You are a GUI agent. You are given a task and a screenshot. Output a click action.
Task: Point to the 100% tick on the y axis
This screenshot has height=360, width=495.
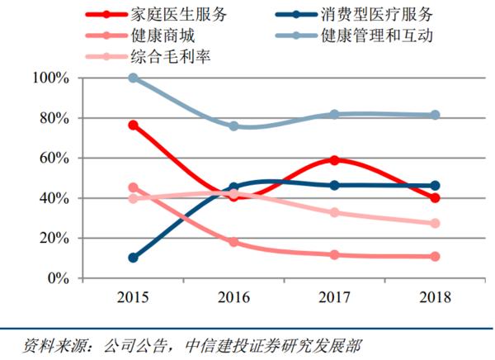tap(50, 78)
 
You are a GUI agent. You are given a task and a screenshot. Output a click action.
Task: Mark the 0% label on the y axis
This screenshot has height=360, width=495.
tap(57, 278)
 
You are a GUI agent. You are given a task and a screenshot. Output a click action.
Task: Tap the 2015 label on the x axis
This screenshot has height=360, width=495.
tap(132, 296)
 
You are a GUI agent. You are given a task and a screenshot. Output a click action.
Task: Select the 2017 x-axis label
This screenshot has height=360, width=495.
tap(334, 296)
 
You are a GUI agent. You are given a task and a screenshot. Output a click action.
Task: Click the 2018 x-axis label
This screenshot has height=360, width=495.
tap(435, 296)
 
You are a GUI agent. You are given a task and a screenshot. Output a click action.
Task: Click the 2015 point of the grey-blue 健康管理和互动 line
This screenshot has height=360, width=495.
tap(133, 78)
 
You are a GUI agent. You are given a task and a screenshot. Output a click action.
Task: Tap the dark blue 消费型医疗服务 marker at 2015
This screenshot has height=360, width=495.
tap(133, 258)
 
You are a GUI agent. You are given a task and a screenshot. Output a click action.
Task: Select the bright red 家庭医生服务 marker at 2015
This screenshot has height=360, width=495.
tap(133, 126)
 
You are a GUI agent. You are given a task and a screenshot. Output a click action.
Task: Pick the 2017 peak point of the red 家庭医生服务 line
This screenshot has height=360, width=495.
tap(334, 160)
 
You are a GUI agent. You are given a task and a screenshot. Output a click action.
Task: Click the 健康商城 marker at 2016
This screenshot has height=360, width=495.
tap(233, 242)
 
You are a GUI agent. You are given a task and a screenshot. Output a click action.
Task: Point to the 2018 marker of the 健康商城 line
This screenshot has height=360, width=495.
tap(435, 257)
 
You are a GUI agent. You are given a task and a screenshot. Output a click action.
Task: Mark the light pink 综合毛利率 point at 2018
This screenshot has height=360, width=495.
tap(435, 223)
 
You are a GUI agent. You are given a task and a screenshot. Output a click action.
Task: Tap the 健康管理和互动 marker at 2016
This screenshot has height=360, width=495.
tap(233, 126)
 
